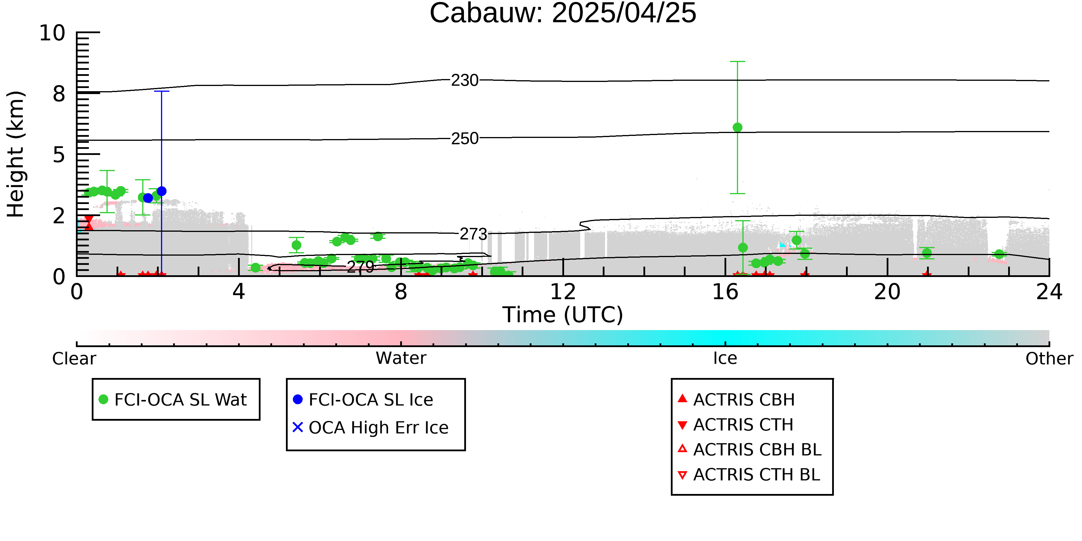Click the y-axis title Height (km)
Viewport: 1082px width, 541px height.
[16, 154]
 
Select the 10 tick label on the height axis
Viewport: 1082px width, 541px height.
[52, 33]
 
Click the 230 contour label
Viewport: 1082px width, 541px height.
[465, 80]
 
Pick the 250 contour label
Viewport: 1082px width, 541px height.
[465, 138]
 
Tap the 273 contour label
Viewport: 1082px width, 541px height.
[473, 234]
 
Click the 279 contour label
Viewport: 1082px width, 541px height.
[360, 266]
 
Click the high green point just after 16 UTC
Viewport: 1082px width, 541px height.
[737, 127]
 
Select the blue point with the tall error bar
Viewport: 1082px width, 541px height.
[161, 191]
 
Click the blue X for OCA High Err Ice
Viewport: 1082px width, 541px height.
[297, 427]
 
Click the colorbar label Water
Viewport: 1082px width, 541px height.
[401, 358]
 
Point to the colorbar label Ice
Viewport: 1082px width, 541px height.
[725, 358]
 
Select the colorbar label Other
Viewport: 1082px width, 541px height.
[1049, 358]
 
